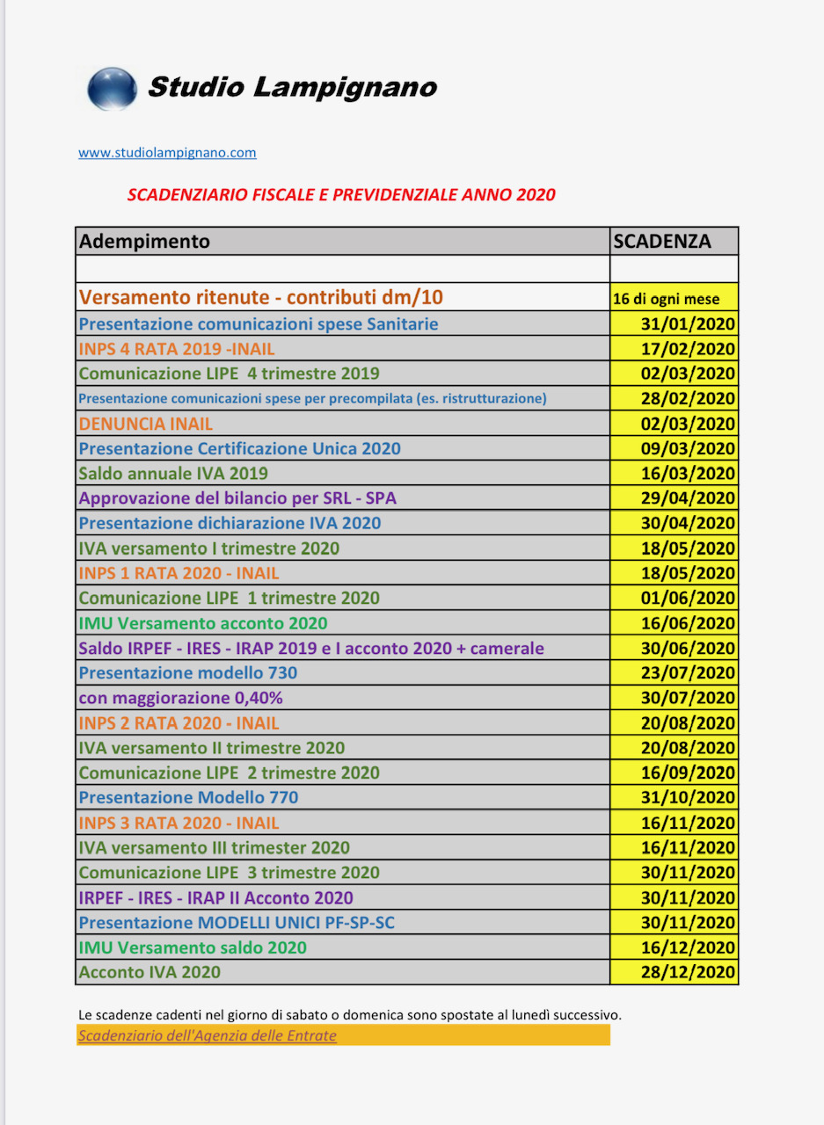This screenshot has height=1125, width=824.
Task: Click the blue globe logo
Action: click(112, 89)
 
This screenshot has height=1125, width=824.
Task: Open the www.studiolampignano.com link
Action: click(167, 152)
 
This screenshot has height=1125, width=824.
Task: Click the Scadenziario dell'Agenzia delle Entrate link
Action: click(208, 1035)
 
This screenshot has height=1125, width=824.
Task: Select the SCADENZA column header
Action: click(662, 241)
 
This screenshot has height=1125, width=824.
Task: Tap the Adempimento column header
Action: click(145, 241)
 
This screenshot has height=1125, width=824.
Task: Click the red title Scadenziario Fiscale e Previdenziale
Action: click(341, 194)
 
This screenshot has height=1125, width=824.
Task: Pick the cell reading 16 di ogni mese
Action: click(667, 299)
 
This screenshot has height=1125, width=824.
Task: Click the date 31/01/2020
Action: click(689, 323)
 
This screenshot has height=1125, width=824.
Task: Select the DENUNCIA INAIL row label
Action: click(146, 424)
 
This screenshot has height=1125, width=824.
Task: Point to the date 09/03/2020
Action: click(689, 448)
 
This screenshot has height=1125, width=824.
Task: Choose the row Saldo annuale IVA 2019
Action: click(173, 474)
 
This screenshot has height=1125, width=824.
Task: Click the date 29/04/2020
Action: click(689, 498)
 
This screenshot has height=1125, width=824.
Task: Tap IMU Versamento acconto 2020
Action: click(203, 623)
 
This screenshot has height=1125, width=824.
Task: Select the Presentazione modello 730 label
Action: click(188, 673)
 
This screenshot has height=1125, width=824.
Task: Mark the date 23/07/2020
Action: click(689, 673)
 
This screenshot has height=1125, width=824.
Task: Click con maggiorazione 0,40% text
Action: click(181, 698)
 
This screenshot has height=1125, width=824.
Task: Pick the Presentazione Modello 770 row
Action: click(188, 798)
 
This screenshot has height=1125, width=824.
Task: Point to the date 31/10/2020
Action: click(689, 798)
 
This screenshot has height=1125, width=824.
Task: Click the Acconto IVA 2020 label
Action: click(149, 972)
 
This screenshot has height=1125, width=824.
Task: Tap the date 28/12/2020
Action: click(689, 972)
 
